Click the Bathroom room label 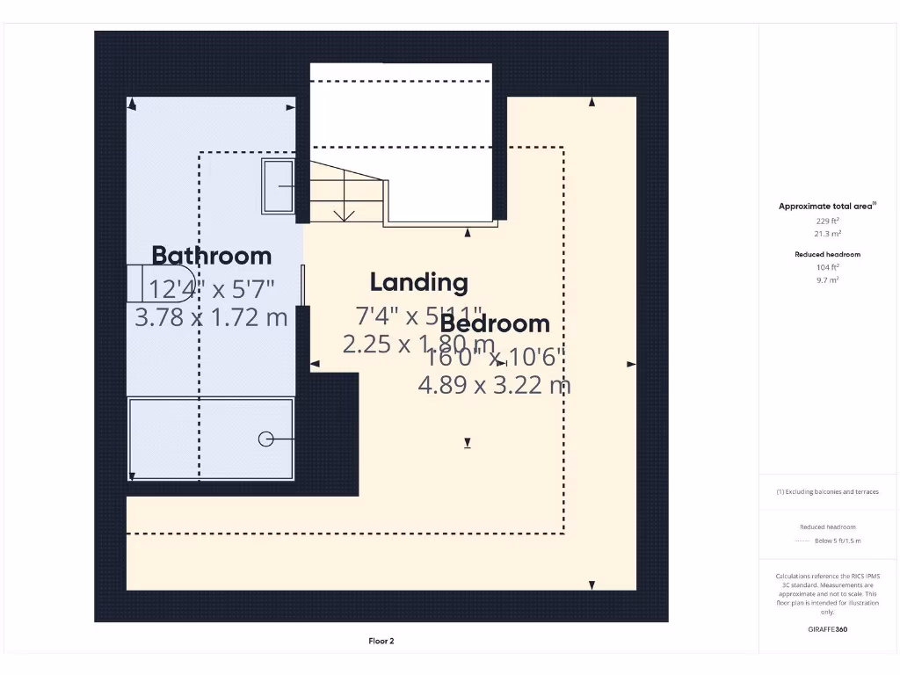[x=212, y=256]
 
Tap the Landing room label [x=418, y=282]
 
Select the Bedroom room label [x=495, y=323]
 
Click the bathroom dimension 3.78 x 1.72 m [x=211, y=317]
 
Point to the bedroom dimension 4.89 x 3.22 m [x=494, y=385]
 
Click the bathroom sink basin [x=279, y=185]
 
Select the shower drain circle [x=265, y=439]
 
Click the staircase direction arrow [x=345, y=213]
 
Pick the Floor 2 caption [x=381, y=642]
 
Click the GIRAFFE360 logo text [x=827, y=629]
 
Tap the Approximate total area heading [x=827, y=207]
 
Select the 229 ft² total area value [x=827, y=221]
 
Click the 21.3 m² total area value [x=827, y=234]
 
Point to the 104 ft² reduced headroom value [x=827, y=267]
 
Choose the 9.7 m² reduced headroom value [x=827, y=279]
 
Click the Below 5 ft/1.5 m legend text [x=838, y=541]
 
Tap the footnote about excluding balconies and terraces [x=827, y=492]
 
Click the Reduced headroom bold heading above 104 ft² [x=827, y=254]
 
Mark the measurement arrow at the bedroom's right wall [x=630, y=365]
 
